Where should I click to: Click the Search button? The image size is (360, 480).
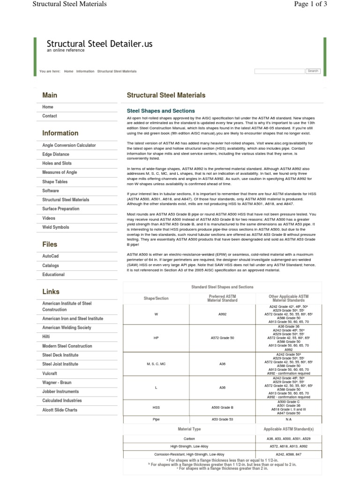[313, 71]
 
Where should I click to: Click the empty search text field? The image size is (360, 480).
[279, 71]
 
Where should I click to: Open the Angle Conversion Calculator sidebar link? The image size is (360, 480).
[69, 145]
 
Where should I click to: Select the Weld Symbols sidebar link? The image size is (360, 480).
[55, 227]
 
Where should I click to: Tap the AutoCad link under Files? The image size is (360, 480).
[51, 256]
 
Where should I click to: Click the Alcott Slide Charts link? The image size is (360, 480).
[60, 410]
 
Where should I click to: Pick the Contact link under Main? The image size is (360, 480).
[50, 116]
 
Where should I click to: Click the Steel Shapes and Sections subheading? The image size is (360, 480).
[161, 111]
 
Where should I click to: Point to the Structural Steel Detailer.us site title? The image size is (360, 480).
[99, 44]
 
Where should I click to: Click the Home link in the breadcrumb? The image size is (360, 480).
[68, 71]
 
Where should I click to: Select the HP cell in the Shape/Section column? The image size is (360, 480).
[156, 337]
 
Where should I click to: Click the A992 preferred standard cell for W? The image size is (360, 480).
[222, 314]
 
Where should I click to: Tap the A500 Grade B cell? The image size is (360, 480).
[222, 407]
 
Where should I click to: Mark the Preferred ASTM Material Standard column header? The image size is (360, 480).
[222, 298]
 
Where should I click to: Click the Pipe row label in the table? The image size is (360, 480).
[156, 419]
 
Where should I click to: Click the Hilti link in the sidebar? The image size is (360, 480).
[46, 337]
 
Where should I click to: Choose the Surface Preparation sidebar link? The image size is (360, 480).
[61, 209]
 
